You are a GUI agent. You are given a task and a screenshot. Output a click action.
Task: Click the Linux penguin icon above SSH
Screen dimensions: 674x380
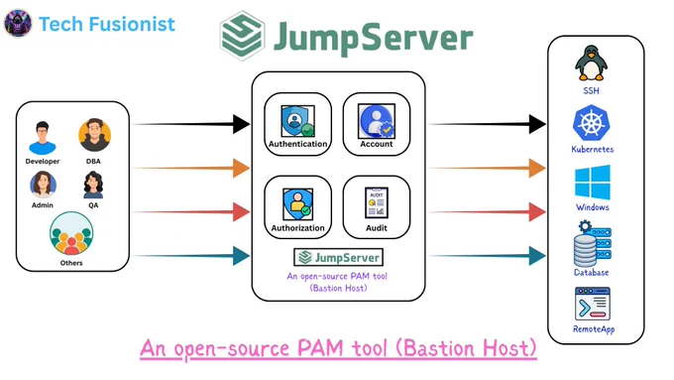click(x=591, y=63)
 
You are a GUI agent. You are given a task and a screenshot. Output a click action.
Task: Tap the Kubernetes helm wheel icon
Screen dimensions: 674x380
click(x=592, y=123)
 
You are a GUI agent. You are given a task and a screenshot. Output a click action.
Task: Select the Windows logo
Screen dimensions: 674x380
click(x=593, y=182)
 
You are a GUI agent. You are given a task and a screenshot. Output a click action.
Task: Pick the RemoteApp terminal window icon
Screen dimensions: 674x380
click(x=593, y=304)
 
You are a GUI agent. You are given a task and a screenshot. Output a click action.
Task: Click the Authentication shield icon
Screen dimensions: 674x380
click(x=297, y=121)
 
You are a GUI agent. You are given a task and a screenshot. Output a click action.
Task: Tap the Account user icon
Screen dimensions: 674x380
click(x=376, y=121)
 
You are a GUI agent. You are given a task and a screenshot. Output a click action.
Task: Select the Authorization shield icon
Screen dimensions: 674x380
click(x=297, y=204)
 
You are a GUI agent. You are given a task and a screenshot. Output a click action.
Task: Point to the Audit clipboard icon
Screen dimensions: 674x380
click(x=376, y=202)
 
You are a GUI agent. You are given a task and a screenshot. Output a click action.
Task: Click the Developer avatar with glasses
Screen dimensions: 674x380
click(x=42, y=138)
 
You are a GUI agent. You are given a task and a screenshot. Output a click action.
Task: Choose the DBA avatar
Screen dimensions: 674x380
click(x=94, y=135)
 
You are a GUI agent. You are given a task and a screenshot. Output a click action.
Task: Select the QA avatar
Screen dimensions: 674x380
click(x=93, y=186)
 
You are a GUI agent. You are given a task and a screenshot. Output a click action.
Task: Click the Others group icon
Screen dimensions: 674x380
click(x=71, y=234)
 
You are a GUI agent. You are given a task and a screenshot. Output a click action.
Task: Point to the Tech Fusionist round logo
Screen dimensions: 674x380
click(x=18, y=23)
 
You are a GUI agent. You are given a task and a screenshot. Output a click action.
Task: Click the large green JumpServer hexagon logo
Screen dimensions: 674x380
click(x=242, y=36)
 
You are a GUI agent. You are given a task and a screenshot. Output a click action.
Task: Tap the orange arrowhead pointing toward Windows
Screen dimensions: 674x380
click(x=537, y=168)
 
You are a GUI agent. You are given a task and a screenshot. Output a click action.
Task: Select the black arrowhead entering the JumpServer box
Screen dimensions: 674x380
click(x=241, y=124)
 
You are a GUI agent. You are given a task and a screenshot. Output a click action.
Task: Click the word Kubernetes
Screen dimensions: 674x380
click(x=593, y=150)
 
